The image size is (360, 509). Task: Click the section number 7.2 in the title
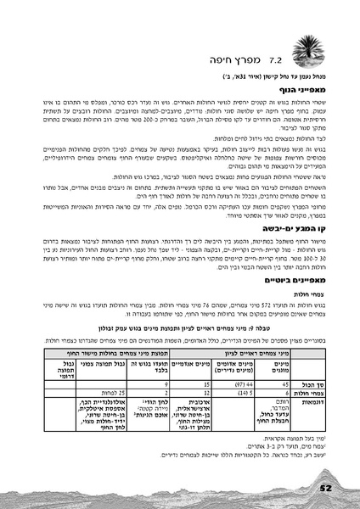(275, 61)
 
